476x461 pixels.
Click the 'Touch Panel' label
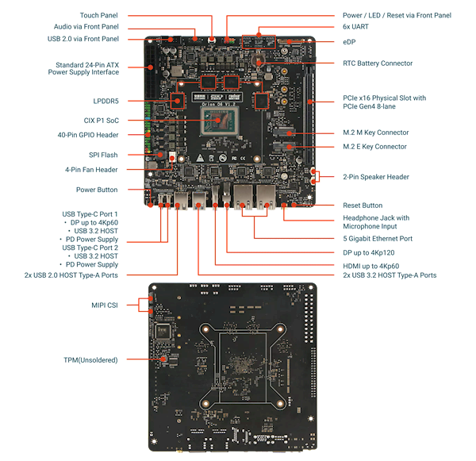click(100, 15)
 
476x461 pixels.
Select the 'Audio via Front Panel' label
click(88, 26)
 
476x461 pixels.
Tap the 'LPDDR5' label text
click(106, 101)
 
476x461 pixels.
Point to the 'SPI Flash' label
click(104, 154)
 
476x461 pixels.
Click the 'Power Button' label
click(98, 190)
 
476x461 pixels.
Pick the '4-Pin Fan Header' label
click(92, 169)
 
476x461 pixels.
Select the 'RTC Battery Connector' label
click(377, 63)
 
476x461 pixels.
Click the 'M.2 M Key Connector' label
click(375, 133)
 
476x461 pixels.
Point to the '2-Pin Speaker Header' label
click(375, 177)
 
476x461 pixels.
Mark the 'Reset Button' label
click(361, 205)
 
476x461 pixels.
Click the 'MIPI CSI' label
click(105, 304)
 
